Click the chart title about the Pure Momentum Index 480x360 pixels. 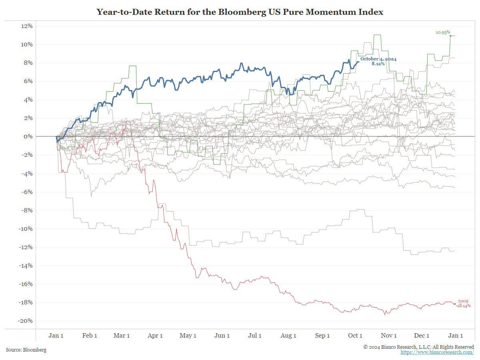tap(240, 12)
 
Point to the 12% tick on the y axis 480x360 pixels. tap(26, 26)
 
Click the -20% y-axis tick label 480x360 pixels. tap(25, 321)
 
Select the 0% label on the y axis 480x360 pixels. tap(28, 136)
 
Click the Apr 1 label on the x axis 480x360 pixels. tap(155, 336)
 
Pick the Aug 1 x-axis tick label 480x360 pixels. tap(289, 336)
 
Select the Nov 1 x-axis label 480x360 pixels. tap(389, 336)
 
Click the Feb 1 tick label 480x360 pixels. tap(90, 336)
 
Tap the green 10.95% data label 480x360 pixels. tap(443, 32)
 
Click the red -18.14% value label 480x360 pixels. tap(463, 306)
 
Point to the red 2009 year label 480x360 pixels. tap(463, 301)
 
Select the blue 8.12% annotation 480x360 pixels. tap(378, 64)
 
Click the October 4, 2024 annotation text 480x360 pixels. tap(378, 59)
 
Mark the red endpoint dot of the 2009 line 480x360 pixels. tap(455, 304)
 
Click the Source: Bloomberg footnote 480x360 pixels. tap(26, 350)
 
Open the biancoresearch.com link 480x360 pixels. tap(437, 352)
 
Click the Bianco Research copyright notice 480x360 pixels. tap(418, 347)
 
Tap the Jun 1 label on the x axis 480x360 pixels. tap(222, 336)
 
